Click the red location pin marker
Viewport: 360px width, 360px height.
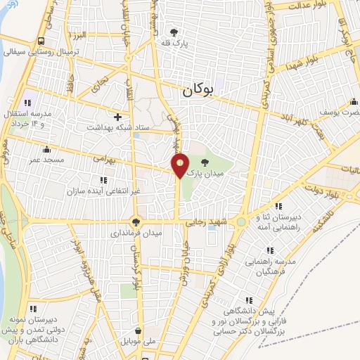181,165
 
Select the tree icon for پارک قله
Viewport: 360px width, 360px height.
175,32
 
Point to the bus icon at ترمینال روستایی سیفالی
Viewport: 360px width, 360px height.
41,41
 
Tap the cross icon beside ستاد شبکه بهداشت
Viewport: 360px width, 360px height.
117,116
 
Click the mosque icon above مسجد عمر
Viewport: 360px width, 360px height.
46,149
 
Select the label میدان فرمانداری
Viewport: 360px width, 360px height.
138,232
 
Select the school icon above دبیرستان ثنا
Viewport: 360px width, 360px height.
279,207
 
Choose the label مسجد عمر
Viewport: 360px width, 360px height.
46,160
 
